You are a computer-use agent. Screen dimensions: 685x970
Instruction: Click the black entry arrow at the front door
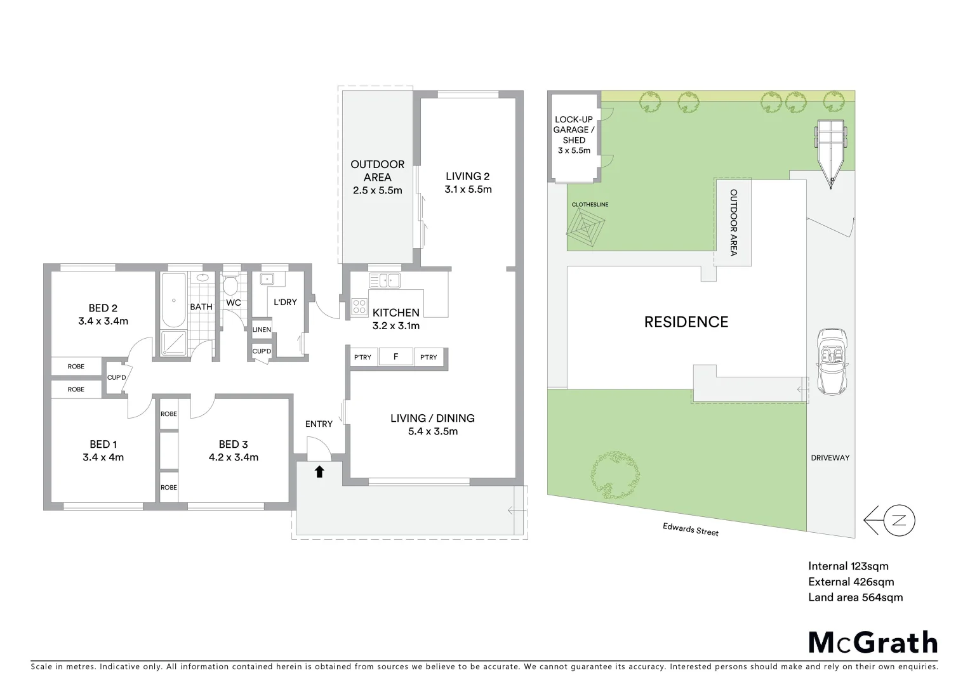tap(319, 471)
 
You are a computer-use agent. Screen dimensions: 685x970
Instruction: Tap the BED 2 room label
tap(103, 308)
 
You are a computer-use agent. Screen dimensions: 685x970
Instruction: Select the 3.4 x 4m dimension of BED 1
tap(103, 457)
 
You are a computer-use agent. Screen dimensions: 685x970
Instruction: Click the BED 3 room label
tap(233, 444)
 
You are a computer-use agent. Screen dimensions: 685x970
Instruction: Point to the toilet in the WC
tap(230, 285)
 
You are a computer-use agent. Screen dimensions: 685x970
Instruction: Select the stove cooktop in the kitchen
tap(359, 307)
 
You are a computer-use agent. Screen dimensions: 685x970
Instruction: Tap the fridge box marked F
tap(395, 357)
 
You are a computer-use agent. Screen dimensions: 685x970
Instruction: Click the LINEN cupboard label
tap(262, 330)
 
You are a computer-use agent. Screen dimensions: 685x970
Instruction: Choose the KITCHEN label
tap(395, 313)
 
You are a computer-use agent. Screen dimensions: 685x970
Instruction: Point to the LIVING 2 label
tap(467, 176)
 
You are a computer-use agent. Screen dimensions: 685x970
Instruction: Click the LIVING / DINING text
tap(432, 418)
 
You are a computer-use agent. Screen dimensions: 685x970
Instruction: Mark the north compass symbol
tap(898, 521)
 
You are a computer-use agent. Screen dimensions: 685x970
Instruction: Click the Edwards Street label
tap(690, 530)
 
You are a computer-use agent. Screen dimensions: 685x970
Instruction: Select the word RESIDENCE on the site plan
tap(686, 322)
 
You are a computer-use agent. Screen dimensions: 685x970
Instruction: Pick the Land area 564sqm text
tap(855, 597)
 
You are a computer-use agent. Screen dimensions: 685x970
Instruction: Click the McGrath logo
tap(873, 643)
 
